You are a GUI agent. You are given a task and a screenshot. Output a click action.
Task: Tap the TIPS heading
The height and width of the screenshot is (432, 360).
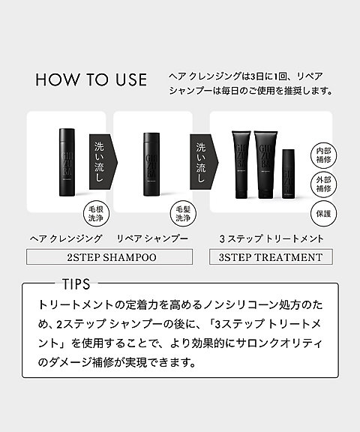coord(73,285)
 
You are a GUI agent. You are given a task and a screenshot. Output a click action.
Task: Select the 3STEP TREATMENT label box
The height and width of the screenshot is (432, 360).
coord(270,257)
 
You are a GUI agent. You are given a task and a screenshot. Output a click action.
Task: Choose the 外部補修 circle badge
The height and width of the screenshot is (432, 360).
coord(322,184)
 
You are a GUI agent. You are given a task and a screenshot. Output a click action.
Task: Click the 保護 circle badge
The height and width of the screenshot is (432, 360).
coord(322,213)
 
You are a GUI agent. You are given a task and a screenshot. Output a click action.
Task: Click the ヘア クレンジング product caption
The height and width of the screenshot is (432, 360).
coord(65,238)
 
